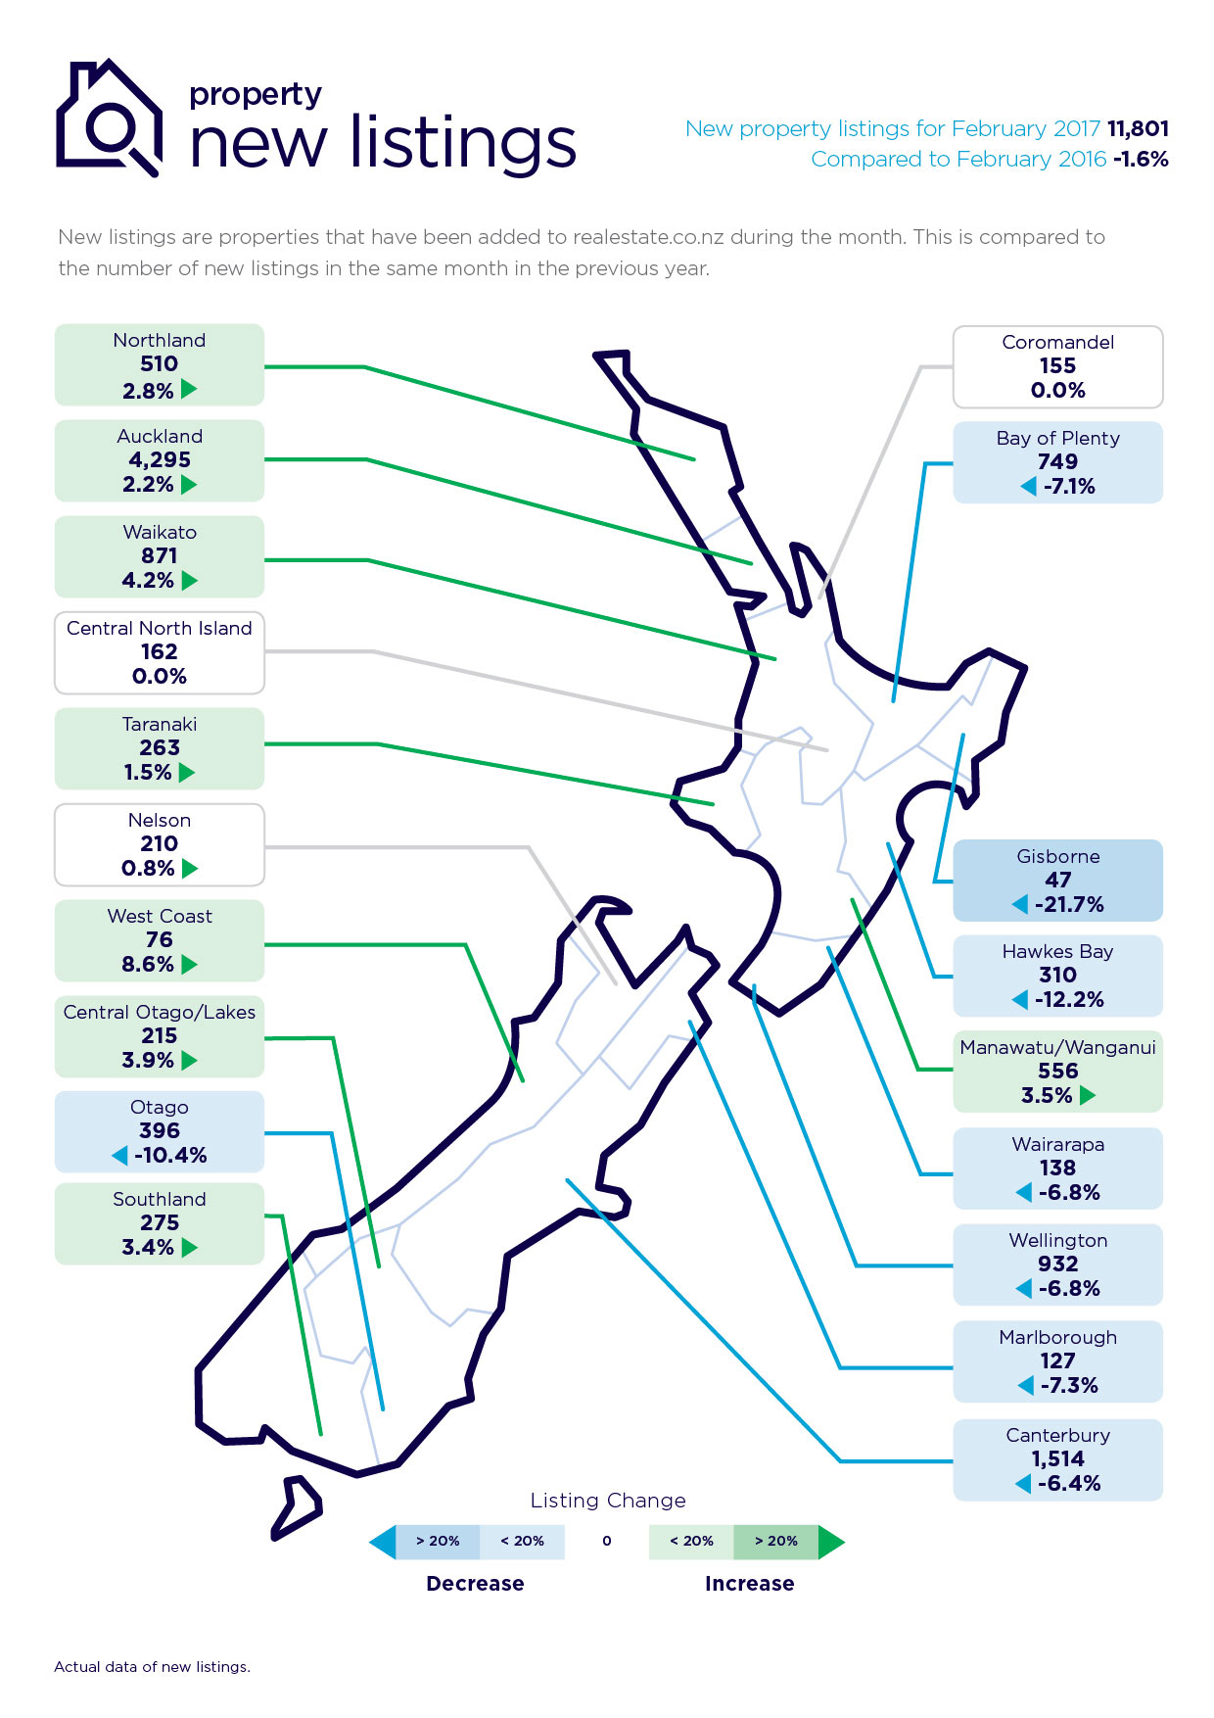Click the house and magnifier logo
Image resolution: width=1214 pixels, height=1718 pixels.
tap(108, 118)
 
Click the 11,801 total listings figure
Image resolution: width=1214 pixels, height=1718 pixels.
tap(1138, 128)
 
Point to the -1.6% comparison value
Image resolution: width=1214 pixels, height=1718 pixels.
tap(1141, 159)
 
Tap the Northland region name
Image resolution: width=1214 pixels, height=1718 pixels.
tap(159, 340)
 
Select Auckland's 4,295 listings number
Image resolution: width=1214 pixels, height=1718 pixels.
tap(160, 459)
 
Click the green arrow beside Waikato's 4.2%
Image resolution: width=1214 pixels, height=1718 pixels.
tap(190, 580)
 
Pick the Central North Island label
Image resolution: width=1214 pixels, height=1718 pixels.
tap(159, 628)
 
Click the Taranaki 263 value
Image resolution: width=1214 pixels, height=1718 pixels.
tap(160, 747)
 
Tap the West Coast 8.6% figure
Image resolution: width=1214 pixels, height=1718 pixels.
tap(147, 964)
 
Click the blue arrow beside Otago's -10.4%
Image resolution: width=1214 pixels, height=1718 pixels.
tap(120, 1156)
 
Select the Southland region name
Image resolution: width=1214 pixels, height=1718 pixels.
tap(159, 1199)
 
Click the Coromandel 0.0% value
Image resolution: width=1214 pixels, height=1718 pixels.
tap(1057, 390)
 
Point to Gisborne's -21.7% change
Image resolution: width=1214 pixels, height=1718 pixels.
tap(1069, 904)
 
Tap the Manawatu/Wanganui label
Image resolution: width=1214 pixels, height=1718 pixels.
tap(1057, 1047)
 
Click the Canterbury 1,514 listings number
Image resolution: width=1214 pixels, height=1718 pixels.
tap(1057, 1458)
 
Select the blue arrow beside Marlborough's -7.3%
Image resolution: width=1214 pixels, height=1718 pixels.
tap(1026, 1385)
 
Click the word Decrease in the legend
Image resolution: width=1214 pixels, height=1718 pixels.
tap(475, 1584)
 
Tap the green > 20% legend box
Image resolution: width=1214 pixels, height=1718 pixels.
tap(775, 1541)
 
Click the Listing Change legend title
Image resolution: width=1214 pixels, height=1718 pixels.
tap(607, 1501)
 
